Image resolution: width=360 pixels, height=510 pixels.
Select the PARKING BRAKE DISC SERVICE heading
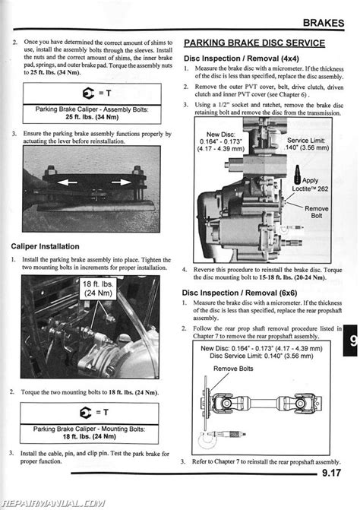point(254,43)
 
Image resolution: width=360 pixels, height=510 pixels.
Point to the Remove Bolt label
point(316,212)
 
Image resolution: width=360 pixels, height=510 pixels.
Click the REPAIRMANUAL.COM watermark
point(52,502)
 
